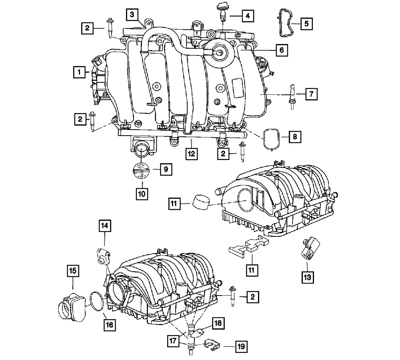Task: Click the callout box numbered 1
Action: [79, 72]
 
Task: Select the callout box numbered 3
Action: [132, 14]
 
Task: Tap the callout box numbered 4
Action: [248, 16]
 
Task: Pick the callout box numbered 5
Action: [306, 24]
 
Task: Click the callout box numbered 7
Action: [311, 94]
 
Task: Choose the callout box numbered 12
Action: [191, 154]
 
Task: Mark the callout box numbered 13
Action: [307, 277]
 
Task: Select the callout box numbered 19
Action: [241, 346]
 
